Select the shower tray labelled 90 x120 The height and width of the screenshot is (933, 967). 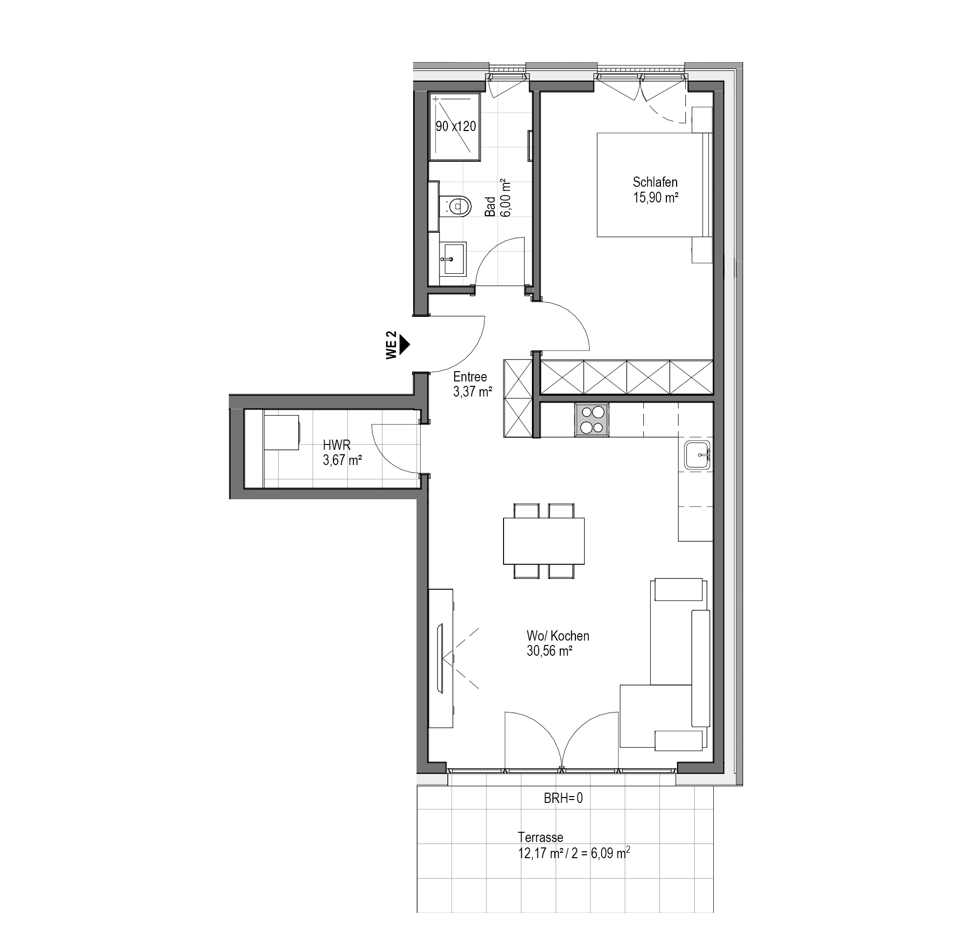(x=455, y=127)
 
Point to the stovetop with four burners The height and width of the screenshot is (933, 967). (x=592, y=420)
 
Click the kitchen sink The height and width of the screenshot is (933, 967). (x=697, y=455)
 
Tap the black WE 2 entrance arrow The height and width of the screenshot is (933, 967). (x=405, y=345)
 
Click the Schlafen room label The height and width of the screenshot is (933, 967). (x=655, y=182)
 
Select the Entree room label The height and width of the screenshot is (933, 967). (x=470, y=377)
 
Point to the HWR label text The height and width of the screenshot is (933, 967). (x=336, y=445)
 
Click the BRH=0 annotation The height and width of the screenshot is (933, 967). (x=563, y=798)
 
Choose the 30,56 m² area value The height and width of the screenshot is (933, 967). (x=549, y=651)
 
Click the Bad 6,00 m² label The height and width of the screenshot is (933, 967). (x=498, y=199)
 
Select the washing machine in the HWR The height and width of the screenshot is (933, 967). (x=282, y=432)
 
